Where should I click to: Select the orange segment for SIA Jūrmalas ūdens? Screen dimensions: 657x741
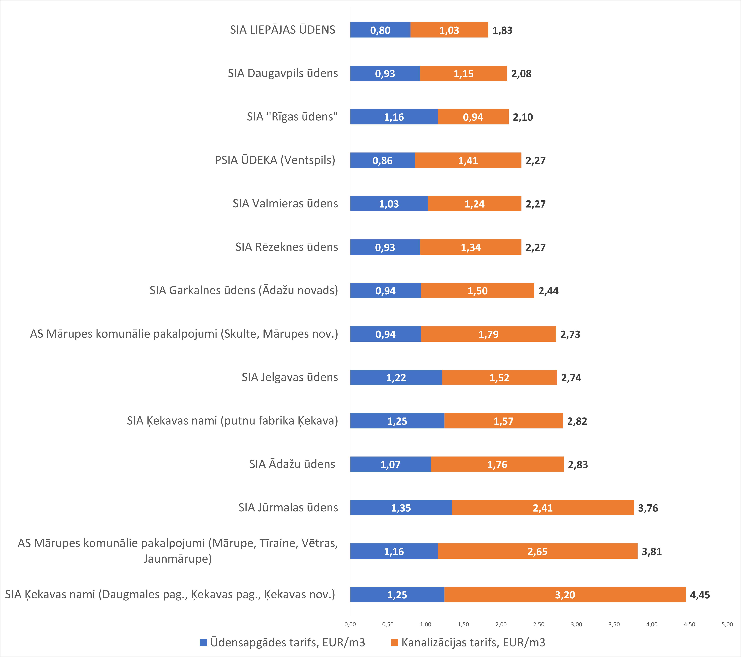pos(543,508)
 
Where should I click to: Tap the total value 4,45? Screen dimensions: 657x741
pos(700,595)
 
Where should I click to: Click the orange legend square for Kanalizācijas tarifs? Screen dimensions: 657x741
pos(394,643)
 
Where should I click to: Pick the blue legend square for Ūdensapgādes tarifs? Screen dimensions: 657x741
pos(203,643)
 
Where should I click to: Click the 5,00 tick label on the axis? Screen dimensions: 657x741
pos(727,624)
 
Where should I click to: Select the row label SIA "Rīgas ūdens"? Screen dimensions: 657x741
pos(292,117)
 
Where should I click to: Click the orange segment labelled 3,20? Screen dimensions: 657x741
pos(565,595)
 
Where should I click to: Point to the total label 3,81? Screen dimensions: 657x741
pos(651,551)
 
